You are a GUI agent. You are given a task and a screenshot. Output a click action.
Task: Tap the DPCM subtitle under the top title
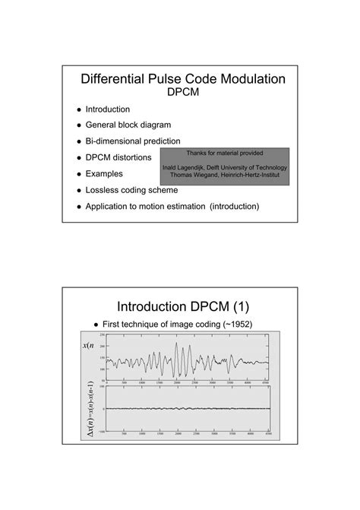point(181,93)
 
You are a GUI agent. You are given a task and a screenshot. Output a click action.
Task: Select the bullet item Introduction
point(107,109)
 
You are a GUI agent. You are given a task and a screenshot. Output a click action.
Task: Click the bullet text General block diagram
point(128,125)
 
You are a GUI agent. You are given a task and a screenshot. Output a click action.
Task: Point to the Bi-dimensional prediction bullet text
point(133,141)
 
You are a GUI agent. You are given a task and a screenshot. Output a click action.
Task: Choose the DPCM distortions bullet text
point(118,157)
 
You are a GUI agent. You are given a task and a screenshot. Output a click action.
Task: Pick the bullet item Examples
point(105,173)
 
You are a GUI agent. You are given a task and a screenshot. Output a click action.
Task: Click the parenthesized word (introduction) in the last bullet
point(235,206)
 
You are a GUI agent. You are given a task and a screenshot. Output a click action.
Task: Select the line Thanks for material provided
point(224,153)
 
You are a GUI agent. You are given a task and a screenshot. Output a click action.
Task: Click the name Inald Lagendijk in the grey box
point(188,167)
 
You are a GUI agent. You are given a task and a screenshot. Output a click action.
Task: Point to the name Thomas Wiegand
point(192,175)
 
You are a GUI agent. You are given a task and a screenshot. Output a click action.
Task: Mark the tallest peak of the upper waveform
point(177,343)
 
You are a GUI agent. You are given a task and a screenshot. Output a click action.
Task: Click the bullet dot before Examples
point(77,173)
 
